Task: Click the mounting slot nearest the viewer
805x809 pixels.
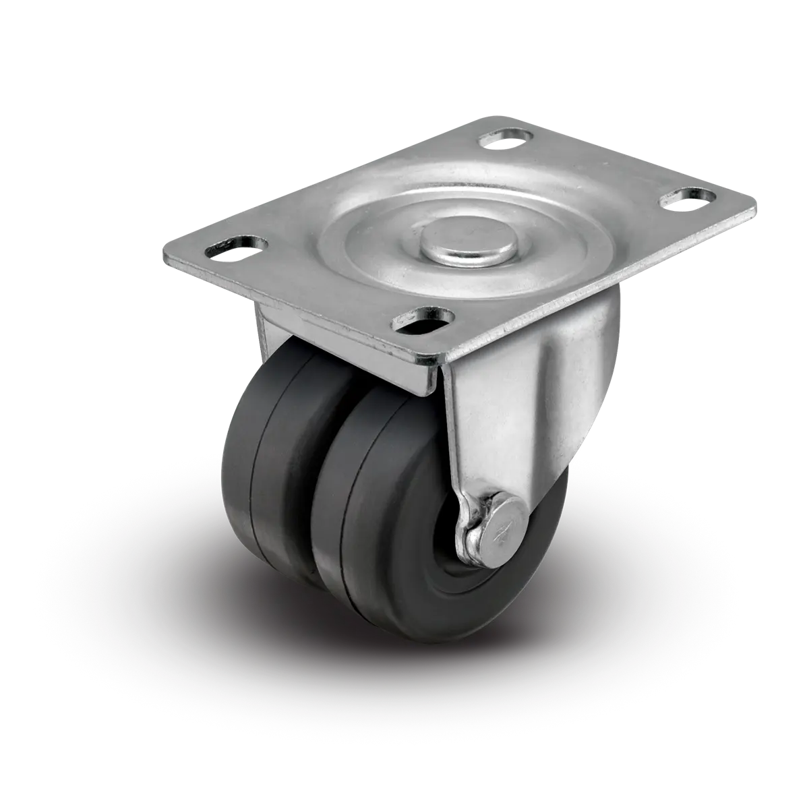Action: (424, 319)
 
